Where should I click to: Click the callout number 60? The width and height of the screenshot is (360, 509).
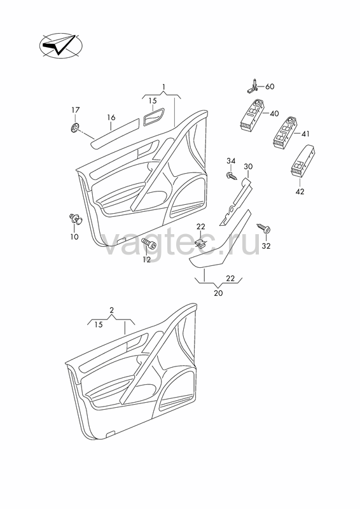click(270, 87)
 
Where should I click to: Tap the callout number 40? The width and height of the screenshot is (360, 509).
click(274, 114)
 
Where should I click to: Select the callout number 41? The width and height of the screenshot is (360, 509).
click(305, 134)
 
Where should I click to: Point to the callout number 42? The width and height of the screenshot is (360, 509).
click(300, 192)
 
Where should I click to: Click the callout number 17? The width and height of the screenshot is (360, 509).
click(76, 110)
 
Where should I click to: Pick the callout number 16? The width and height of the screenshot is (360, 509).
click(111, 118)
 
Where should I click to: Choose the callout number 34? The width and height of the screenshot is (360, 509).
click(231, 161)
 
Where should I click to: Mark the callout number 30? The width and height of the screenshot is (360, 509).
click(248, 167)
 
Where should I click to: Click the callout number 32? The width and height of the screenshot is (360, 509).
click(267, 246)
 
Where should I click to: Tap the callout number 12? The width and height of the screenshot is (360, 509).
click(147, 260)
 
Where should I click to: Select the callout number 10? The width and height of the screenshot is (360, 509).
click(74, 237)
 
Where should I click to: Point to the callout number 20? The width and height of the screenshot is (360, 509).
click(218, 293)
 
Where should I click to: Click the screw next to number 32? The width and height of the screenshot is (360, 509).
click(264, 228)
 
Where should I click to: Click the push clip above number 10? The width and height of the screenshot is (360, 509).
click(76, 219)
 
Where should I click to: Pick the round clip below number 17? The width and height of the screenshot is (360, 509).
click(75, 128)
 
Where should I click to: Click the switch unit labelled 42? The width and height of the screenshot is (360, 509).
click(302, 161)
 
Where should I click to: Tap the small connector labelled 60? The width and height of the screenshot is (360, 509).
click(253, 86)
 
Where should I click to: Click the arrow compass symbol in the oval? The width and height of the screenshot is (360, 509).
click(60, 46)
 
